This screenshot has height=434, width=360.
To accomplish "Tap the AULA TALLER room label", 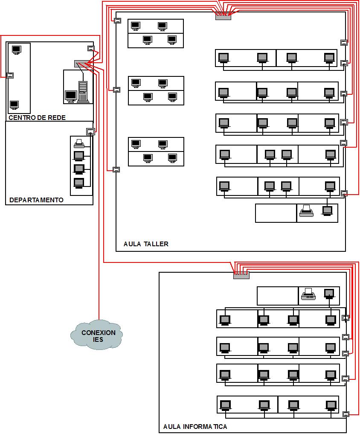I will click(x=146, y=244).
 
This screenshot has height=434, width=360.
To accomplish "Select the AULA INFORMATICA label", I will click(x=195, y=426).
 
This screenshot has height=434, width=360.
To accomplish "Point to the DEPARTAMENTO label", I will click(x=36, y=200).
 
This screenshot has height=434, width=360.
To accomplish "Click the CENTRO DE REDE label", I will click(x=37, y=117).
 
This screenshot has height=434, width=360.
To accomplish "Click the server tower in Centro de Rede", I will click(x=83, y=92).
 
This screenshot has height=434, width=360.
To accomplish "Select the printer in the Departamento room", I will click(x=79, y=143).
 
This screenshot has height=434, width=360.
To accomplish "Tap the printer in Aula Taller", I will click(x=306, y=211).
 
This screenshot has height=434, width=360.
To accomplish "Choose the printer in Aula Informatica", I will click(x=308, y=294).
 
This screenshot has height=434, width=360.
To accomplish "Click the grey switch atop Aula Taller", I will click(x=223, y=17).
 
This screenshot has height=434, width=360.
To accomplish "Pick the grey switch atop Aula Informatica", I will click(x=241, y=275).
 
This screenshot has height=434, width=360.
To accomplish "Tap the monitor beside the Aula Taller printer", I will click(x=327, y=210).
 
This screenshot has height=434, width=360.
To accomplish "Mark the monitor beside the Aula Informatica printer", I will click(x=329, y=294).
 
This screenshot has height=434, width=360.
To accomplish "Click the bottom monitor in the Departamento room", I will click(x=79, y=183).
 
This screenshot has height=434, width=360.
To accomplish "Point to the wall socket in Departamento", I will click(x=90, y=131).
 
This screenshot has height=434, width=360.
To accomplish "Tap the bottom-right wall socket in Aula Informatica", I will click(x=346, y=414).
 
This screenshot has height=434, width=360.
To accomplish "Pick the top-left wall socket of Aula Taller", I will click(x=117, y=20).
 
